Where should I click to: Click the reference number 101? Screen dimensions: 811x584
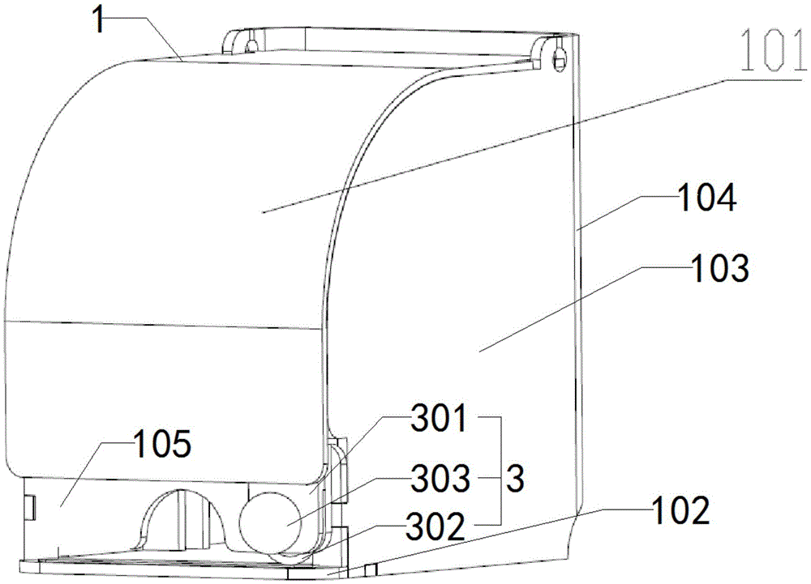772,50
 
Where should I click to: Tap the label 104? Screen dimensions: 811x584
706,198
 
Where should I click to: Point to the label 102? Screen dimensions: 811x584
680,510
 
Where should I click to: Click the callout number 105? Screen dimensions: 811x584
162,444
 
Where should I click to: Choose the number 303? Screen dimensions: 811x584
440,479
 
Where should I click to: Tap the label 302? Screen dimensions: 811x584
436,527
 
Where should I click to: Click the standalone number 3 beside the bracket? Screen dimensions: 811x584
515,479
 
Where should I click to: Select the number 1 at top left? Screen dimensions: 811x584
99,19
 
